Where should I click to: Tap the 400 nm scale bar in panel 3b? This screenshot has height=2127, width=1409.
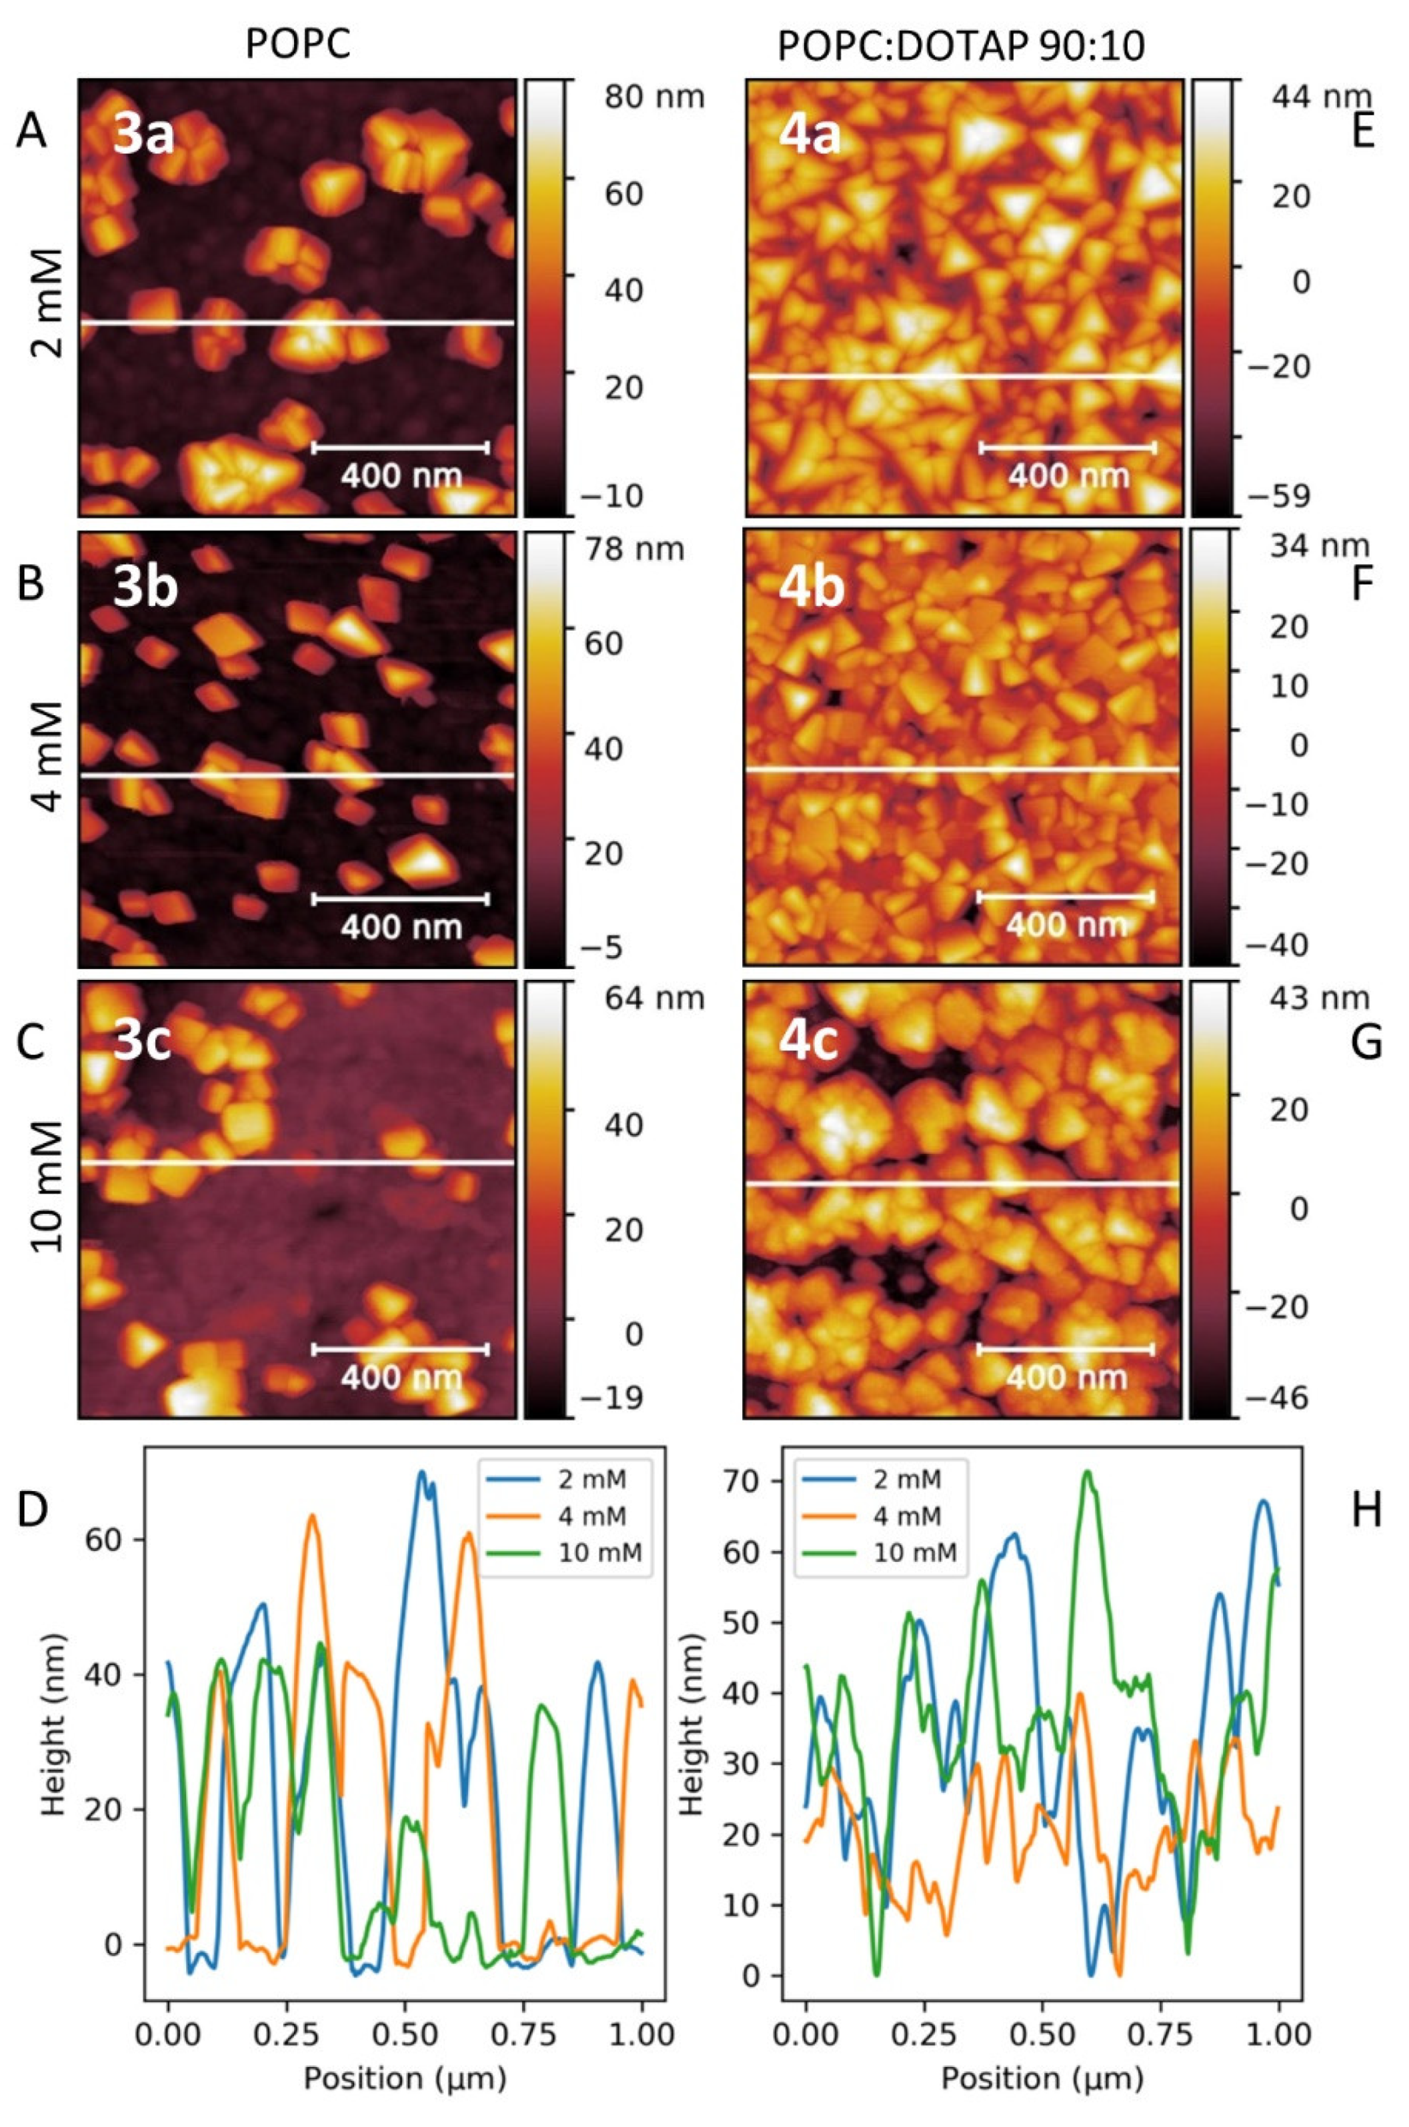400,899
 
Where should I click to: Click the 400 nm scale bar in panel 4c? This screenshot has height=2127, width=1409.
1066,1349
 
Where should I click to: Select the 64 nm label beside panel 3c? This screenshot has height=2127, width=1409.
654,998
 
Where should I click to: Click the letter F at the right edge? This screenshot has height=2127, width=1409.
1362,586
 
